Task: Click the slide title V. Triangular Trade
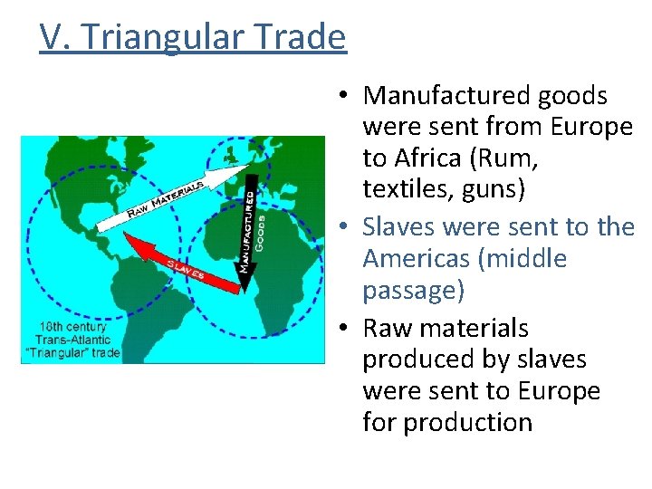(193, 38)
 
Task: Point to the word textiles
(405, 190)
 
